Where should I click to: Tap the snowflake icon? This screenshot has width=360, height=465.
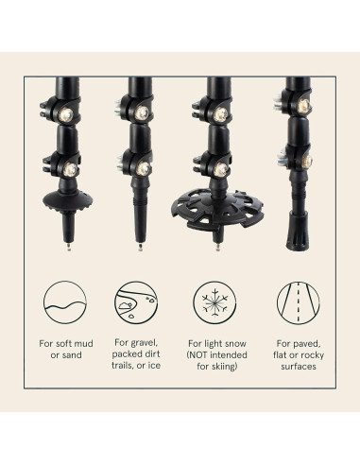tap(213, 302)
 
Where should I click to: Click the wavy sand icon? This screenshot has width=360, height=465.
tap(61, 302)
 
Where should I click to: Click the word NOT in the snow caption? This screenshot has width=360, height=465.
tap(196, 356)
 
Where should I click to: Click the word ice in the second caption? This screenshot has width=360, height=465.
tap(153, 369)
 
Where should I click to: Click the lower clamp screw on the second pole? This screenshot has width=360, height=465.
tap(145, 168)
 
